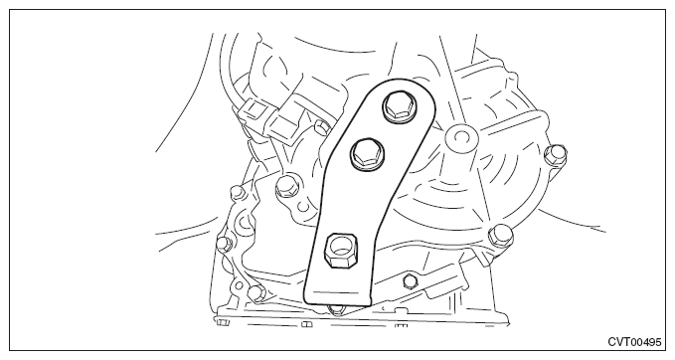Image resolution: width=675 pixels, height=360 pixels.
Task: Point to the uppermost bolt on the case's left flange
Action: pos(236,192)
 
